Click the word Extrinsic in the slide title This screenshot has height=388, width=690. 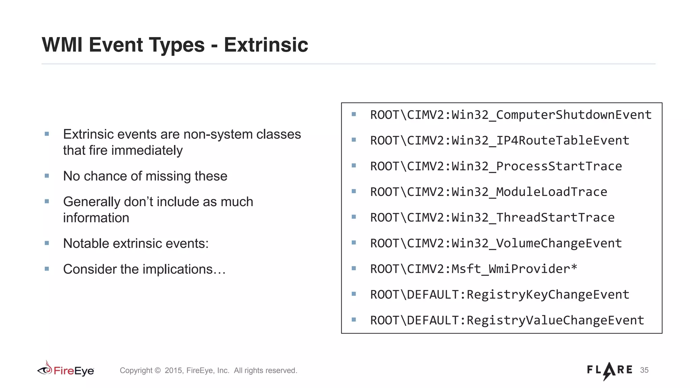coord(266,45)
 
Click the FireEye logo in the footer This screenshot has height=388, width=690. coord(66,370)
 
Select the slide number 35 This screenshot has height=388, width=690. coord(644,370)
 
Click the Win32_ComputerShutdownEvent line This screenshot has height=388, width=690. coord(510,115)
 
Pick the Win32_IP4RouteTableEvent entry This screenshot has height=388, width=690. coord(499,140)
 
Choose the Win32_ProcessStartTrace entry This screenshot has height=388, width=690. coord(496,166)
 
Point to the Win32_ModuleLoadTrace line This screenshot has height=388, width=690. coord(488,192)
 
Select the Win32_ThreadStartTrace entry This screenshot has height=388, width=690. coord(492,218)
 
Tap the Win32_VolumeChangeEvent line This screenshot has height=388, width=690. coord(496,243)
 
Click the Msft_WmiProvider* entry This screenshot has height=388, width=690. coord(473,269)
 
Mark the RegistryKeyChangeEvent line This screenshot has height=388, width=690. coord(499,295)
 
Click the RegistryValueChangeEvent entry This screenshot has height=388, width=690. coord(507,320)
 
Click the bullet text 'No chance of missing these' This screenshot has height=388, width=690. coord(145,176)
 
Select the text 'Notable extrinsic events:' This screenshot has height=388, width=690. coord(136,244)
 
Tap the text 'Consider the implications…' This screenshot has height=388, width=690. coord(144,269)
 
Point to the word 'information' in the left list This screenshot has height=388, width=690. coord(96,218)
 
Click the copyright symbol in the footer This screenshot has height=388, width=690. coord(158,370)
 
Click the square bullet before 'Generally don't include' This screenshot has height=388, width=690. coord(47,201)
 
